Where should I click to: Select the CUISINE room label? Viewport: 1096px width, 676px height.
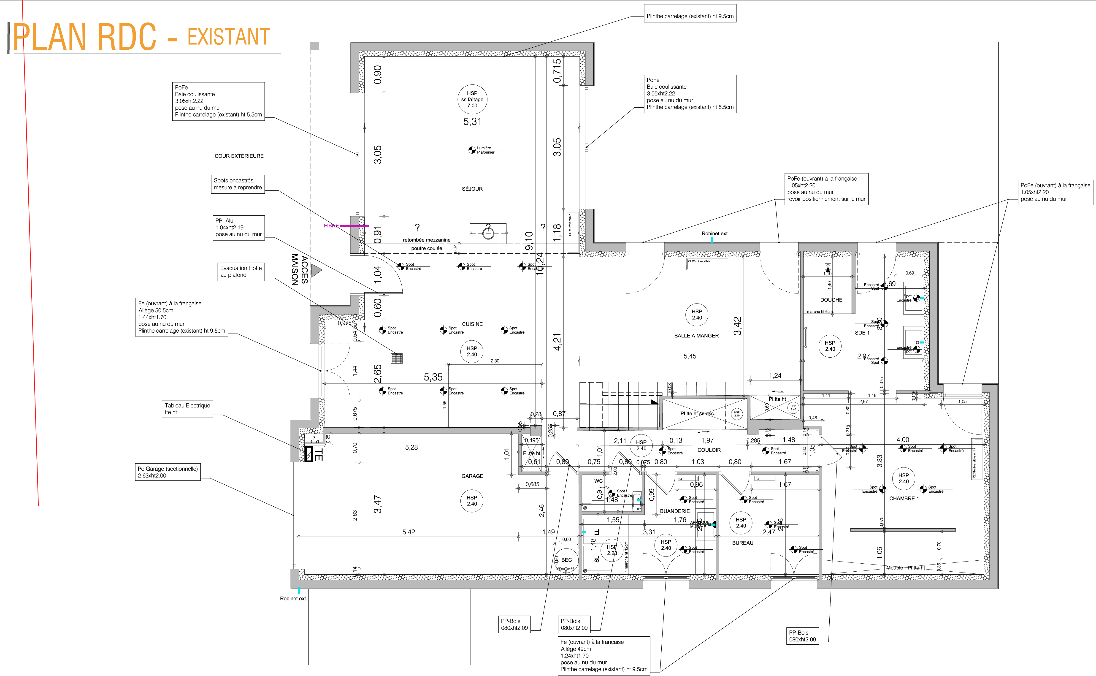pos(472,324)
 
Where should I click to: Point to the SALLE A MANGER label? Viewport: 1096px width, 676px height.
pos(696,336)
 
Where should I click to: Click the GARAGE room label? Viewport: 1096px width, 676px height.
pos(472,476)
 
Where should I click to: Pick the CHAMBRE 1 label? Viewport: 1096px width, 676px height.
pos(904,499)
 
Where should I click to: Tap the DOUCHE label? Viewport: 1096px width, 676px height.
pos(831,300)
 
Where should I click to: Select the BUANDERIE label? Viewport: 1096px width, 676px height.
pos(674,511)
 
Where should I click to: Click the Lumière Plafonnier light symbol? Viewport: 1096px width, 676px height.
pos(472,150)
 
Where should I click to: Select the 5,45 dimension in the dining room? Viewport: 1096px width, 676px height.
pos(690,356)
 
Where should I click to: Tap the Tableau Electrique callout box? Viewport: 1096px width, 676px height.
pos(187,409)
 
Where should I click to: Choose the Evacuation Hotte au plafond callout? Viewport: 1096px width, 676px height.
pos(241,271)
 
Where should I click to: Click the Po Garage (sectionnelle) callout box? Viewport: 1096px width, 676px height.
pos(168,472)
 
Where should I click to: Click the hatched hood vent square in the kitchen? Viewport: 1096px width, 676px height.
pos(396,358)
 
